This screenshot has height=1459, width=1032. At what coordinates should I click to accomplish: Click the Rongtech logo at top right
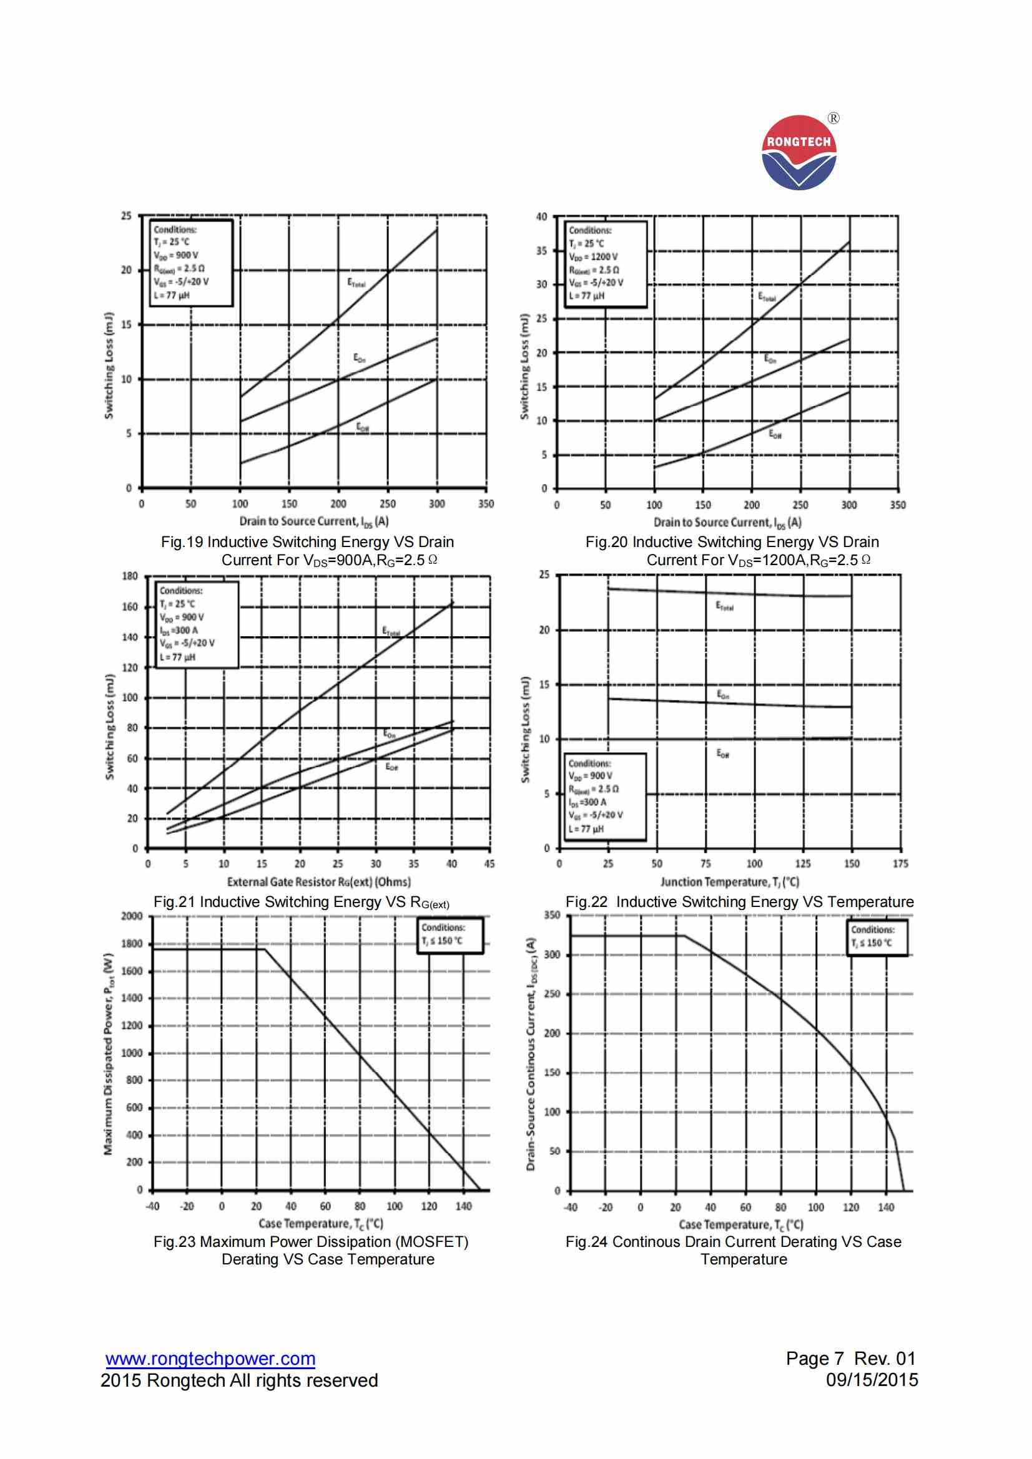tap(799, 152)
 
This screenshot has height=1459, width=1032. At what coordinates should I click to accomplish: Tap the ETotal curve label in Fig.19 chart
tap(356, 283)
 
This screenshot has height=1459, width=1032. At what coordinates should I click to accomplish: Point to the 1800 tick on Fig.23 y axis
tap(135, 944)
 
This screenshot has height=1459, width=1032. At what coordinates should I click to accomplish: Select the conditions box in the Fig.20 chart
tap(606, 264)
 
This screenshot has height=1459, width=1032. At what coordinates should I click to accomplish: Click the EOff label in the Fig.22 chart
tap(723, 754)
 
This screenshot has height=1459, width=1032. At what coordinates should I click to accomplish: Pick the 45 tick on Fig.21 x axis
tap(489, 864)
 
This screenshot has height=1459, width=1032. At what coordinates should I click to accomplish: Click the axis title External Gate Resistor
tap(318, 881)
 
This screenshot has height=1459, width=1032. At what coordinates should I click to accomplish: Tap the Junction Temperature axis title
tap(729, 881)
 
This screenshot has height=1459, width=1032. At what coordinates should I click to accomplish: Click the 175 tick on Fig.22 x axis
tap(900, 864)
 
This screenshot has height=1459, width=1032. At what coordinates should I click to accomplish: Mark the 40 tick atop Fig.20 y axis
tap(541, 216)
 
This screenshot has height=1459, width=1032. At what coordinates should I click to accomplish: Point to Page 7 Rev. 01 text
tap(851, 1359)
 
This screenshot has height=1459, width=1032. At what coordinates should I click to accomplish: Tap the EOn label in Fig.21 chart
tap(389, 734)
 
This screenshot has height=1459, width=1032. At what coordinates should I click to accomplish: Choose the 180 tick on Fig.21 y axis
tap(130, 576)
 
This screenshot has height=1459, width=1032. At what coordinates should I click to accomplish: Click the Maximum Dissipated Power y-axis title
tap(109, 1054)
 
